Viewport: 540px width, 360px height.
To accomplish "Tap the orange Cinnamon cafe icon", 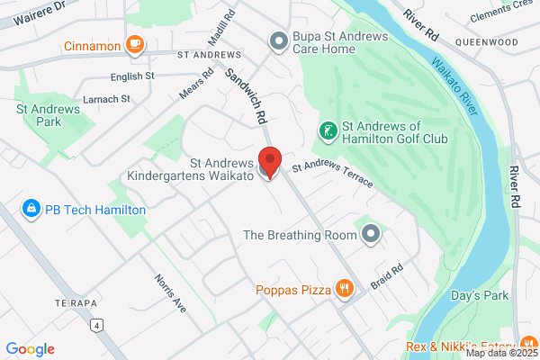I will click(135, 44).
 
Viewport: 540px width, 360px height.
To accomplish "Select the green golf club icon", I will click(327, 132).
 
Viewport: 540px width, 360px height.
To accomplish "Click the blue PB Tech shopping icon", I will click(31, 209).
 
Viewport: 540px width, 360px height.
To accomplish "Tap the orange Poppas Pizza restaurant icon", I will click(344, 289).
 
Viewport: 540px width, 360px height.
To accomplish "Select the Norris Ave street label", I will click(169, 292).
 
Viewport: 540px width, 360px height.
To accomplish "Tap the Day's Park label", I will click(480, 295).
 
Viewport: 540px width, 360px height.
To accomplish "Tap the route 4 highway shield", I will click(94, 324).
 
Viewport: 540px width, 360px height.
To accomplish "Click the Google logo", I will click(31, 348).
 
